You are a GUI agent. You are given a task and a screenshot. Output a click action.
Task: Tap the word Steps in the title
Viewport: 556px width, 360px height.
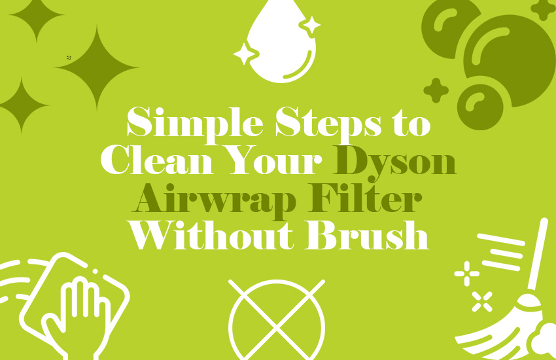(322, 124)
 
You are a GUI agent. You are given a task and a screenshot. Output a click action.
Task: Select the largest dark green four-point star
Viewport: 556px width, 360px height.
(96, 67)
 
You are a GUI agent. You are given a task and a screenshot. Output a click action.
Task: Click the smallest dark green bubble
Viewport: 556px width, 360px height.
(479, 106)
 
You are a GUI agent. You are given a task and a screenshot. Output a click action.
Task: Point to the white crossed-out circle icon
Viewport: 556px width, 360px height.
(277, 319)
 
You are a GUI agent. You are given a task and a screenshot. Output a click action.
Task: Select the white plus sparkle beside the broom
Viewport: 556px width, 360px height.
(466, 273)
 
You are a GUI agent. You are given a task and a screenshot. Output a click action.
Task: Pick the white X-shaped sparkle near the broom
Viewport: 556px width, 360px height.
(482, 301)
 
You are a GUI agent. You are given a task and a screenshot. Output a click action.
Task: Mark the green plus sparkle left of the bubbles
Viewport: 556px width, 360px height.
(436, 90)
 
